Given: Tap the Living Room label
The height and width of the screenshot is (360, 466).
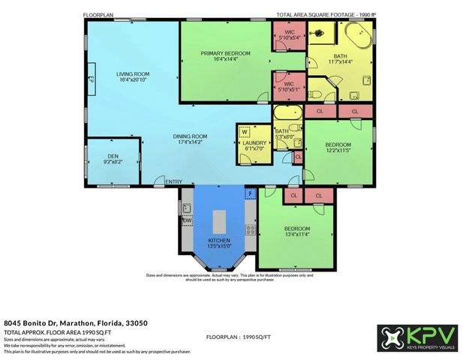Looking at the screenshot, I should [x=133, y=77].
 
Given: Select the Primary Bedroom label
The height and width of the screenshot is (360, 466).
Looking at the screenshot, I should [x=225, y=56].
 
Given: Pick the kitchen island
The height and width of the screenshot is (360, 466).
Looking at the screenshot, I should [x=219, y=220].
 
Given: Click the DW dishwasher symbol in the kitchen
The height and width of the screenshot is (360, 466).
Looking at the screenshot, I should [x=186, y=220].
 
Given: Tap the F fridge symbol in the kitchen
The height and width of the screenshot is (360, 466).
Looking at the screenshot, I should [x=251, y=193].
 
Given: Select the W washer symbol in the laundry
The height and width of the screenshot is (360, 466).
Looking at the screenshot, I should [x=245, y=133].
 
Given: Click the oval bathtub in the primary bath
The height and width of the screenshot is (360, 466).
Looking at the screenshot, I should [x=358, y=36].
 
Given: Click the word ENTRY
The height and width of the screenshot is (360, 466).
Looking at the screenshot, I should [x=173, y=182].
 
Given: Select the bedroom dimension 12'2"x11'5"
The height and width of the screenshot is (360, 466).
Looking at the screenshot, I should [x=338, y=150].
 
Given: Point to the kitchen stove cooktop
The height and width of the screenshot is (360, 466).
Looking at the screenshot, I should [x=250, y=230].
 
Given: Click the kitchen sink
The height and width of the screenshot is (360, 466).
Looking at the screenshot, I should [x=186, y=204].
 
